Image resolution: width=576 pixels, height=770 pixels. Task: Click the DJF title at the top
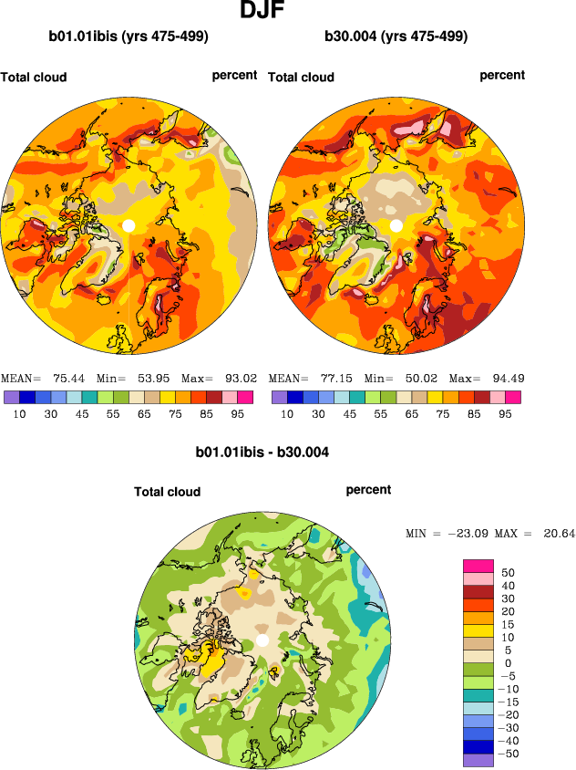click(x=265, y=12)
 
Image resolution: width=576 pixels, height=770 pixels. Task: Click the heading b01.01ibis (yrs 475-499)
click(x=129, y=37)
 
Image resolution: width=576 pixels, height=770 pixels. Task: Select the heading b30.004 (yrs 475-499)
click(x=396, y=37)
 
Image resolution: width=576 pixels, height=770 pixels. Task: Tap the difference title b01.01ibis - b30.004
click(x=262, y=452)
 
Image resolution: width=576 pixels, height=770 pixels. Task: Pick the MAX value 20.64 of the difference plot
click(x=559, y=533)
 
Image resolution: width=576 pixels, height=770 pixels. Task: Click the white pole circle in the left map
click(x=129, y=225)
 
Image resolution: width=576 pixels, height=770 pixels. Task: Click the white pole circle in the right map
click(x=396, y=225)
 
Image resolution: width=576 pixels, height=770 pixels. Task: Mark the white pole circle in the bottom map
click(x=262, y=641)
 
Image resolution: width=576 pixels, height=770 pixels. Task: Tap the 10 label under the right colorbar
click(x=286, y=413)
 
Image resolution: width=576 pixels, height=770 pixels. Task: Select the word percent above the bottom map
click(x=368, y=490)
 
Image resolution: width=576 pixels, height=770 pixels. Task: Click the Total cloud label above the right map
click(x=301, y=78)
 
